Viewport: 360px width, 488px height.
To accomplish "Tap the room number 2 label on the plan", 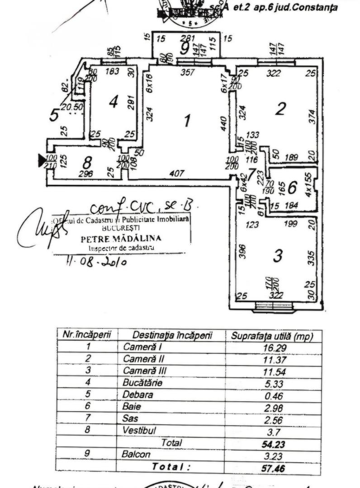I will click(x=281, y=108).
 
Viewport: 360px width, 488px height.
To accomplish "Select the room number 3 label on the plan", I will click(x=278, y=256).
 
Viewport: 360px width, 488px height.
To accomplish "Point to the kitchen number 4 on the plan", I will click(x=114, y=102).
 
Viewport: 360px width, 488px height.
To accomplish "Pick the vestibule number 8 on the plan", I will click(x=87, y=161).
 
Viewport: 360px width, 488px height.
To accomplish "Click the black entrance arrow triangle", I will click(x=42, y=159).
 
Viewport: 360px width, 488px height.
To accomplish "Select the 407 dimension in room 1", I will click(x=177, y=172).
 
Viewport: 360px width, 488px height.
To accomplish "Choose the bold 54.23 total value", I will click(x=273, y=444).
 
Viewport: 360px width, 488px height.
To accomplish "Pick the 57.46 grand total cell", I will click(x=273, y=468).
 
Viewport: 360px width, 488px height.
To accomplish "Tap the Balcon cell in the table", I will click(x=136, y=454).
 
